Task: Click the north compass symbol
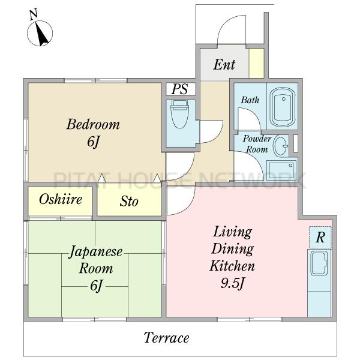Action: coord(40,33)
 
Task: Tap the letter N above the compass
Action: coord(34,14)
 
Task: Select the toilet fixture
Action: coord(180,114)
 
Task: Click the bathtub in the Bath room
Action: coord(283,107)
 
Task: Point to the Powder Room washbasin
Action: coord(281,146)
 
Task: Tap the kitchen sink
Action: coord(319,263)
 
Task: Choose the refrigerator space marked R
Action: coord(320,237)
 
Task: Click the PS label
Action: coord(180,89)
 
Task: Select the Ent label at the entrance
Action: coord(224,65)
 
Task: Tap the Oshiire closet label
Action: coord(61,199)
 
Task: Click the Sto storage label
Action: coord(129,202)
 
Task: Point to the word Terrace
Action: coord(166,338)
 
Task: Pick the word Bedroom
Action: coord(93,124)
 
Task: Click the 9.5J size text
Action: coord(232,283)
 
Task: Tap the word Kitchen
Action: coord(232,266)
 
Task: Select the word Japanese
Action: coord(96,252)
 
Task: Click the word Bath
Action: coord(250,100)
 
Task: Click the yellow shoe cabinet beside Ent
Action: coord(256,63)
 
